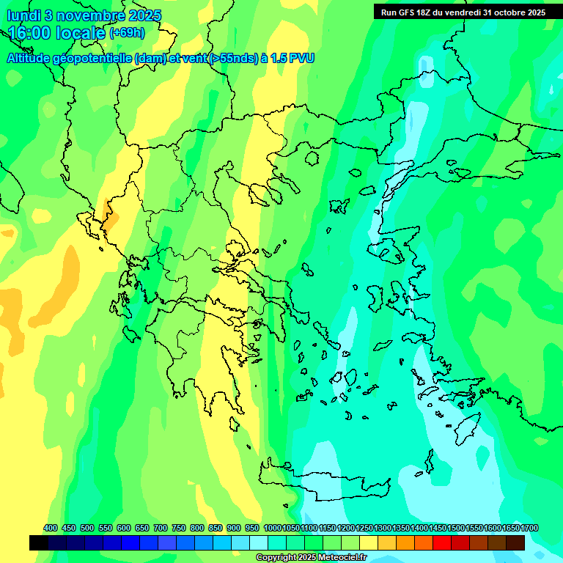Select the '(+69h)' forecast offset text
(x=127, y=33)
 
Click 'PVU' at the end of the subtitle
(x=302, y=58)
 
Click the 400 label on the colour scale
(x=51, y=529)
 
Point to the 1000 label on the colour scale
(x=272, y=529)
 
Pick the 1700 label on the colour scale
(x=530, y=529)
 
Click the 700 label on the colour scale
(x=161, y=529)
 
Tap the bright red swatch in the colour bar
(x=442, y=542)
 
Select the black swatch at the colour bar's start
(x=39, y=542)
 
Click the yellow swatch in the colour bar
(x=369, y=542)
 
